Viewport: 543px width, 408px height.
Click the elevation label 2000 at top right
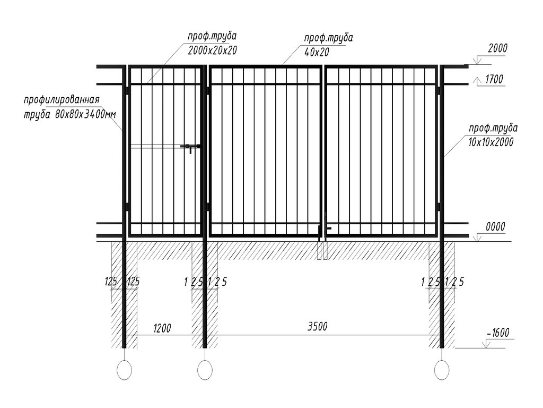[497, 48]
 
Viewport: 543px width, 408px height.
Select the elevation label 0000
[495, 227]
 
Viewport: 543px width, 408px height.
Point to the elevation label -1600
[497, 333]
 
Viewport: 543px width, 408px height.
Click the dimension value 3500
[317, 327]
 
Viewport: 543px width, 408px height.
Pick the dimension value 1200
[162, 328]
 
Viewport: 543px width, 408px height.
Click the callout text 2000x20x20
[212, 50]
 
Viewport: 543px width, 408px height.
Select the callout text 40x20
[317, 52]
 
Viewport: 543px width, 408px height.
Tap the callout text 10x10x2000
[492, 142]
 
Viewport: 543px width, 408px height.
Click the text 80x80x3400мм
[85, 114]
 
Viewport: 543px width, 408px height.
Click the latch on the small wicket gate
[190, 147]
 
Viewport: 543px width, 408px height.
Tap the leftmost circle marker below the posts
[125, 370]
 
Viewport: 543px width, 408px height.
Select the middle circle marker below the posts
[205, 370]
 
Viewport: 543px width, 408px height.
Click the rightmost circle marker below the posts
[441, 370]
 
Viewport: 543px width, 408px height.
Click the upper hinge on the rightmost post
[439, 91]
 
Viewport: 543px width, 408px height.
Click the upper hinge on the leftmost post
[127, 91]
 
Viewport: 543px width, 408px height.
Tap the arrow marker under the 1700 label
[472, 81]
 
